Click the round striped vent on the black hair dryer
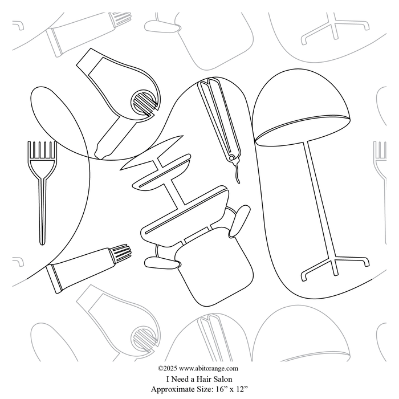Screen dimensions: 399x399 144,103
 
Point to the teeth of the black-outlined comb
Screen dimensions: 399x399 42,150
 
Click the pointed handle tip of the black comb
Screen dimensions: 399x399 42,243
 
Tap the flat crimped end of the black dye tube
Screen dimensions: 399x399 54,279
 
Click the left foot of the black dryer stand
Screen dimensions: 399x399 304,276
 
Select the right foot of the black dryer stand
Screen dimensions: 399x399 366,262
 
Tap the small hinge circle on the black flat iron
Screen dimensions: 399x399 231,158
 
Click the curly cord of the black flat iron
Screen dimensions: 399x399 237,173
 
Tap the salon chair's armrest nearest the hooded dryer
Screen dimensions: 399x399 239,221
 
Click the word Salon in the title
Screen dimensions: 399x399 223,379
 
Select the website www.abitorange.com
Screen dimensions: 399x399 209,368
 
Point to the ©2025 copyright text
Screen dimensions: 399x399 168,368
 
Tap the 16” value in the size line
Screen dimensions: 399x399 221,389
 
